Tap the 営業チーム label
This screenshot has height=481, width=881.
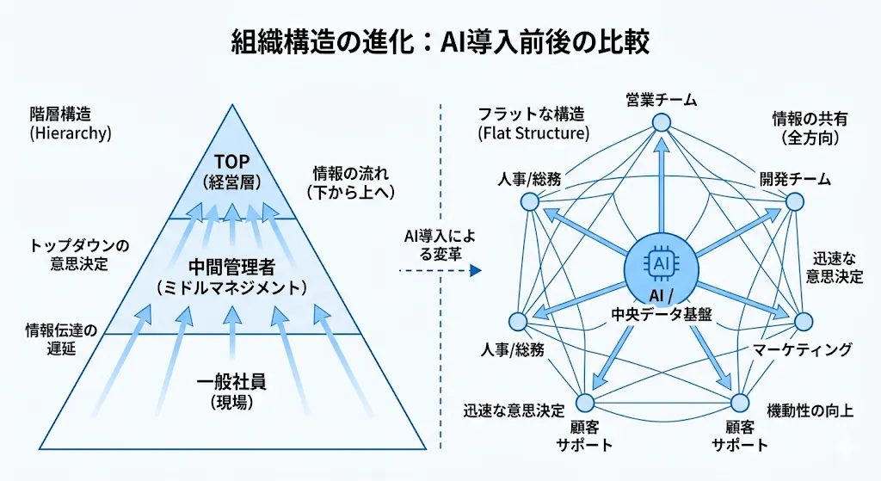[661, 101]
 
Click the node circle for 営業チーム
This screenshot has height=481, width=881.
[661, 122]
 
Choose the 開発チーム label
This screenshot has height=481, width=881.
[794, 179]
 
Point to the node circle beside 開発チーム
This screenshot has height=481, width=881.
[795, 202]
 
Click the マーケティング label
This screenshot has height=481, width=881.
[802, 349]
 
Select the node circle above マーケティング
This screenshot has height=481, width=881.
[803, 321]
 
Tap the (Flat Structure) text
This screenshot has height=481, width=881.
[533, 133]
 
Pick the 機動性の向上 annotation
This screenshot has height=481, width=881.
[810, 410]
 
